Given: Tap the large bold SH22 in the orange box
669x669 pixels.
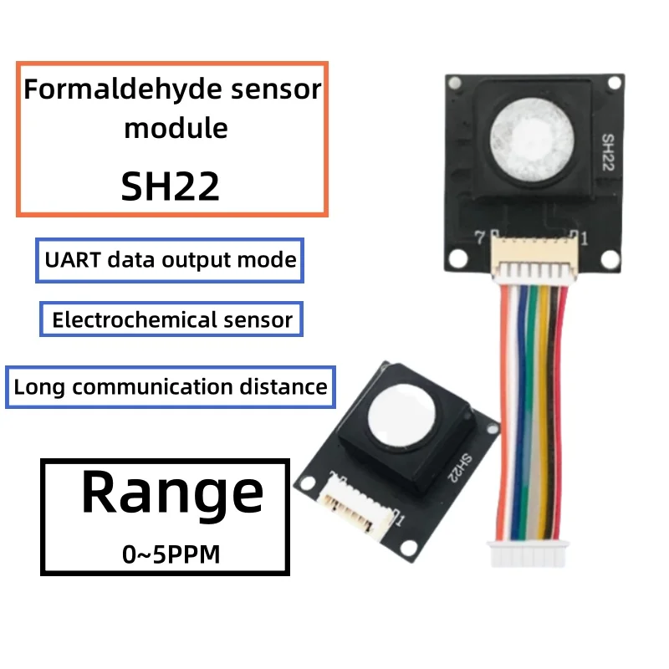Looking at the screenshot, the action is pos(171,186).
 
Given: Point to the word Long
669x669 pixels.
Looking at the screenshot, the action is pos(38,387).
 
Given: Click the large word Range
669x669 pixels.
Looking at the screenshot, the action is pos(171,493).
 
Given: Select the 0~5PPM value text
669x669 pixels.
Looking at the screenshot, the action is pos(171,554).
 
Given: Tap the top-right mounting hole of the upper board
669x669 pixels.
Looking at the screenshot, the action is pos(613,83).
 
